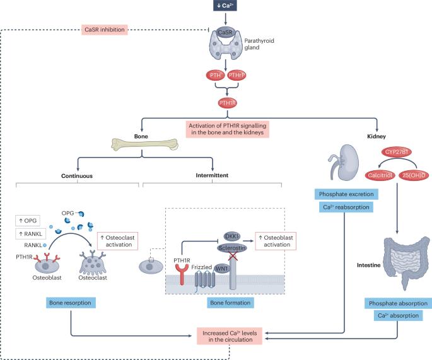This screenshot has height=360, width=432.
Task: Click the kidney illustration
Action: point(343,160)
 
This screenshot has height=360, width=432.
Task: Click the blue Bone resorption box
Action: point(71,303)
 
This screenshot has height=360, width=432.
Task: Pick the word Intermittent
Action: point(213,176)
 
